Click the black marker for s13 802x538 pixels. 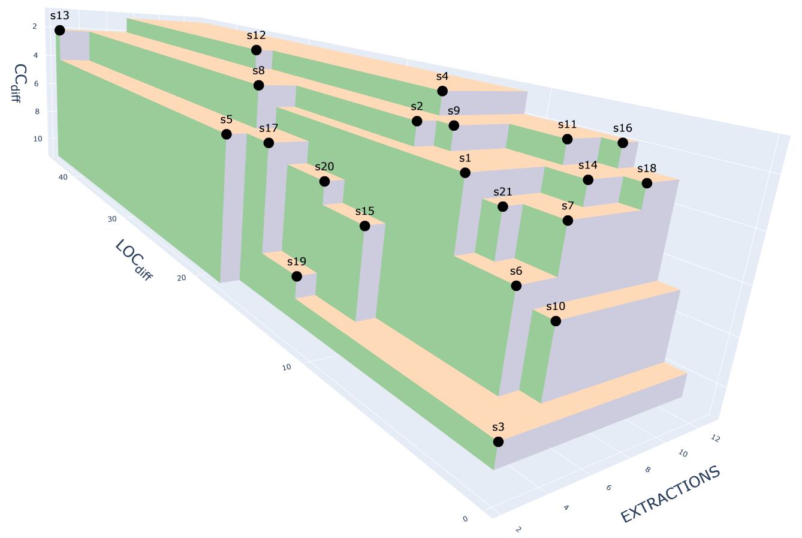point(59,30)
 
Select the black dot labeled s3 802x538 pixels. point(498,441)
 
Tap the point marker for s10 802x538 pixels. point(556,321)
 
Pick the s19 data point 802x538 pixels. point(297,276)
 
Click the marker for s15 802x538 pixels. point(364,226)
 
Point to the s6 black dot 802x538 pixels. point(516,285)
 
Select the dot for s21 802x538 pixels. point(503,206)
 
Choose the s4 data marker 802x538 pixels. point(442,91)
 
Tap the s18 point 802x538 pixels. point(647,183)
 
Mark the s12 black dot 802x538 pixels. point(257,50)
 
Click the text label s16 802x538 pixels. point(623,128)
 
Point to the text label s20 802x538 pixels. point(324,167)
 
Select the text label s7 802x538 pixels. point(568,206)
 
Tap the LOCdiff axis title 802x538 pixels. point(133,260)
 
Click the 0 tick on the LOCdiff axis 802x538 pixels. point(466,519)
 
